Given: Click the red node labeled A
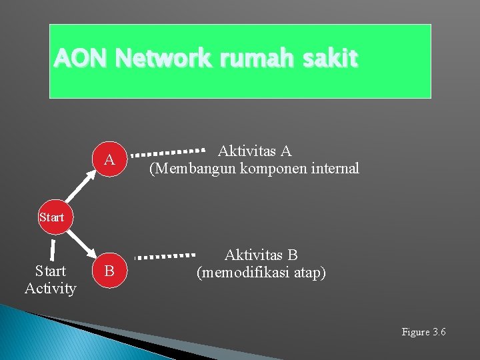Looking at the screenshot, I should click(x=109, y=160).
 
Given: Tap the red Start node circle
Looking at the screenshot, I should click(x=51, y=217).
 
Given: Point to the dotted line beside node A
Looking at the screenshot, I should click(x=167, y=152).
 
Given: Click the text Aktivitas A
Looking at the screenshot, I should click(x=255, y=151).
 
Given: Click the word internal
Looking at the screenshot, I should click(x=335, y=169).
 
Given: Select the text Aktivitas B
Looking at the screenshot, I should click(x=261, y=255).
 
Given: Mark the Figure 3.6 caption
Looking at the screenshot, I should click(x=423, y=332).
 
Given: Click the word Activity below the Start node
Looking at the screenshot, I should click(x=50, y=289).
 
